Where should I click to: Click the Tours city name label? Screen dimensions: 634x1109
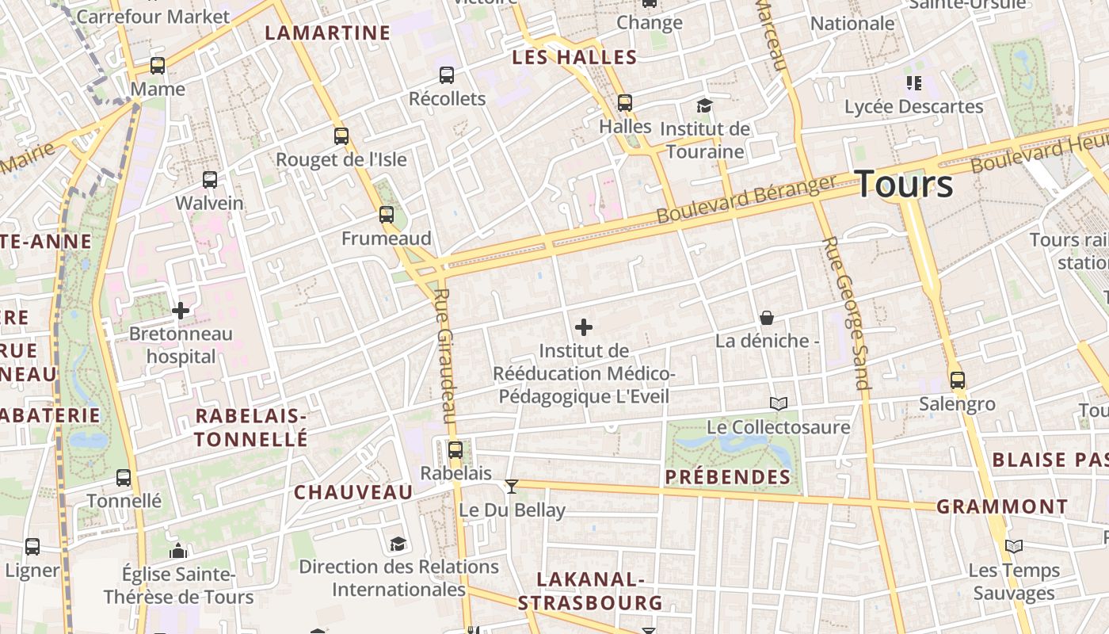coord(904,183)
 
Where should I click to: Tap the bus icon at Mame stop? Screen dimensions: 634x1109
coord(158,66)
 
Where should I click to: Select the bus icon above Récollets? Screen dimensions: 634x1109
coord(447,75)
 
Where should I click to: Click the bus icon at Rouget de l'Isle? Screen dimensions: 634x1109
coord(341,136)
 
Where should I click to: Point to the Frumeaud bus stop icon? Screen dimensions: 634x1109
coord(387,215)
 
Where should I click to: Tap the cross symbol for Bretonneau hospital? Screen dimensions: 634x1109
coord(181,311)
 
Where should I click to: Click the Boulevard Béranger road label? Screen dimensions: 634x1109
coord(746,200)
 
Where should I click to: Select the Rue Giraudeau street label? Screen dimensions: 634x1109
coord(446,356)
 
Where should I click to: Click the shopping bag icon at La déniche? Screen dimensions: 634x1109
coord(767,318)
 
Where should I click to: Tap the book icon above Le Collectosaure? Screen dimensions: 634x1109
coord(779,404)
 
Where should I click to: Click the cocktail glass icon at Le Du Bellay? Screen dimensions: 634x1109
coord(512,486)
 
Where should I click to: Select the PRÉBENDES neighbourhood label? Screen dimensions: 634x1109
coord(728,477)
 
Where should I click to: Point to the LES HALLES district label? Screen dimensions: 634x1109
coord(574,57)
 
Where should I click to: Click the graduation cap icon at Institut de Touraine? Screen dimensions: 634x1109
coord(704,105)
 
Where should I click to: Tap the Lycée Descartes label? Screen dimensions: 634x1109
coord(913,106)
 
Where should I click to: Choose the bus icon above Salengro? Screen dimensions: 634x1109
coord(958,380)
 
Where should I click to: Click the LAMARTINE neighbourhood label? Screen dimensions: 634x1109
coord(327,32)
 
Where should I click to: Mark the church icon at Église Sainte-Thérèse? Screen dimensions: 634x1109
coord(178,550)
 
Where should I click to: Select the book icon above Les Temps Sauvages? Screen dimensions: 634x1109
coord(1014,546)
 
